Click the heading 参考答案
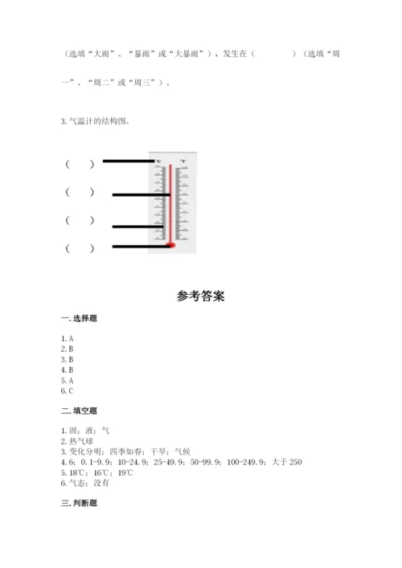pos(201,296)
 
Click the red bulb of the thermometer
pos(170,244)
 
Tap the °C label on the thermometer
pos(158,161)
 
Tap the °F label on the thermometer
pos(183,161)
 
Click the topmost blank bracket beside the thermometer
pos(80,164)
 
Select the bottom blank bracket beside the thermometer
pos(80,248)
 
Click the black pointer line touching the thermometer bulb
pos(141,246)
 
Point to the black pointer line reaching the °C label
pos(129,161)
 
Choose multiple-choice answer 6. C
pos(67,390)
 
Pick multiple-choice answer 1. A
pos(67,338)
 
